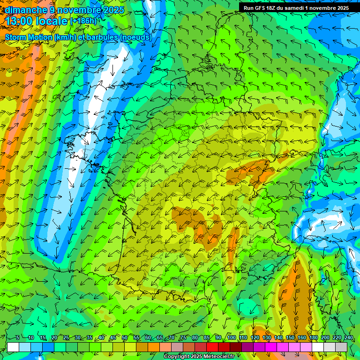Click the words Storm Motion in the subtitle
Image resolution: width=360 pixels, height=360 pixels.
tap(28, 37)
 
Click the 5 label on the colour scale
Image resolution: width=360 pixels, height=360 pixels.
tap(17, 337)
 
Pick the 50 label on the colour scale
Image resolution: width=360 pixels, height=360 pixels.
tap(124, 337)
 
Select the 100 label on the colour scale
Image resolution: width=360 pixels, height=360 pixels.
tap(231, 337)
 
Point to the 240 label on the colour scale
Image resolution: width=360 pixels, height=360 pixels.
tap(348, 337)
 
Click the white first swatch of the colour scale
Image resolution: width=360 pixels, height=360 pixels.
tap(13, 347)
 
